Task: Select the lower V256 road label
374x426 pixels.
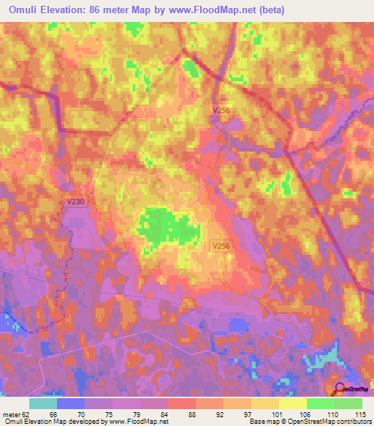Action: click(x=221, y=247)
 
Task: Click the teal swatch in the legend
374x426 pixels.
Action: click(x=43, y=403)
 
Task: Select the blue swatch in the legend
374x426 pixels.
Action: click(x=71, y=403)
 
